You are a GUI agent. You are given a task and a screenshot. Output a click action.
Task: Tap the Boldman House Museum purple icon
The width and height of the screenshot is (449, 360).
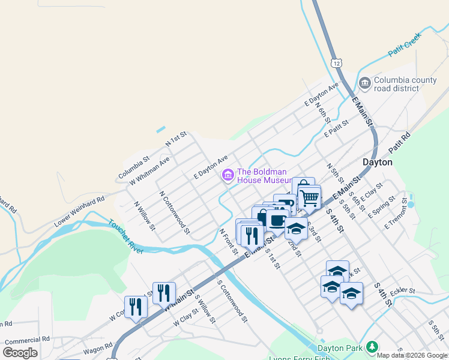[228, 175]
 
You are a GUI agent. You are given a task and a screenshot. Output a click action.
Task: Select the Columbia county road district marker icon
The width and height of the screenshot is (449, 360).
[364, 83]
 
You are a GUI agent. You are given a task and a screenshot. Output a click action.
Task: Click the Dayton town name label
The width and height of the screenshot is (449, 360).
[378, 162]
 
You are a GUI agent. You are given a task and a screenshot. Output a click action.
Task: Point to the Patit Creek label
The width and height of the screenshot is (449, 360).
[405, 46]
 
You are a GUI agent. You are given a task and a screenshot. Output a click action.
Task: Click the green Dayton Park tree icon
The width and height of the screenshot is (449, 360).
[372, 347]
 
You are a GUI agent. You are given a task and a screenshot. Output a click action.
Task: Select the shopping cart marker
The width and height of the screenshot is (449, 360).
[309, 197]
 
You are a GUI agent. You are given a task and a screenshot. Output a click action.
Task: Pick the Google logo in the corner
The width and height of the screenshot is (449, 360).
[20, 352]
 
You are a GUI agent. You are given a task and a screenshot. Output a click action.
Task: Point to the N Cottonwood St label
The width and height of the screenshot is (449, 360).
[175, 213]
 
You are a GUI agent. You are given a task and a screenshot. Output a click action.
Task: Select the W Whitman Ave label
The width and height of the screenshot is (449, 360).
[149, 170]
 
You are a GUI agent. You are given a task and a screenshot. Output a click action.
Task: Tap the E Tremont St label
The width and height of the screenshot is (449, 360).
[400, 215]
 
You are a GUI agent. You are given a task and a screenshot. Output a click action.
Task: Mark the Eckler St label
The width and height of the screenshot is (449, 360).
[403, 292]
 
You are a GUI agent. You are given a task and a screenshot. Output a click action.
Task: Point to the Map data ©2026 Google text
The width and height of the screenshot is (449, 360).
[412, 355]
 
